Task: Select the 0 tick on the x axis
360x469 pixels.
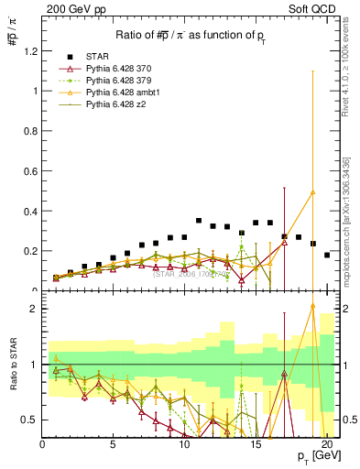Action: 42,444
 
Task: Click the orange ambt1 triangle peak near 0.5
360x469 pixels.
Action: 312,191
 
